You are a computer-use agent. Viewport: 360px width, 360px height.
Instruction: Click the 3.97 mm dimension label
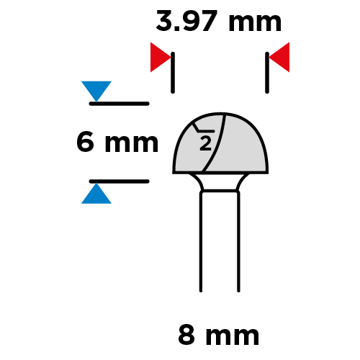pos(218,21)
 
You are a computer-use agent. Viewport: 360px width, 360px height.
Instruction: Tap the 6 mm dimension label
pos(117,142)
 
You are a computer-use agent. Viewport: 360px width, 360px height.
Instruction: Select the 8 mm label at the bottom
pos(219,334)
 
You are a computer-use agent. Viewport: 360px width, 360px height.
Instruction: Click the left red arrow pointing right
pos(161,58)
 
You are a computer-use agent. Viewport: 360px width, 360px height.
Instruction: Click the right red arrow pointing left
pos(279,58)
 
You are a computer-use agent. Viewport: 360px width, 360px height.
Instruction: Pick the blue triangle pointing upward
pos(96,194)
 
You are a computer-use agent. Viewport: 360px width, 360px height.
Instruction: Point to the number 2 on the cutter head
pos(206,143)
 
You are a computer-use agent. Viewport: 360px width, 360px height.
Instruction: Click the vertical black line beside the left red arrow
pos(173,73)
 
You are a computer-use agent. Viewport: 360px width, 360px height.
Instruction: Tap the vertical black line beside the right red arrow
pos(267,73)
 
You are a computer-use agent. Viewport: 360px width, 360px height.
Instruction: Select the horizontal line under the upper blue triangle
pos(120,104)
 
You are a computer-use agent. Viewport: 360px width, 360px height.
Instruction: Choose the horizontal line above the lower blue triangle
pos(120,181)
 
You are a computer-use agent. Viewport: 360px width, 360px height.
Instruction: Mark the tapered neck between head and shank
pos(220,182)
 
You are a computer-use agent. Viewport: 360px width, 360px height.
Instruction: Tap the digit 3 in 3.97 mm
pos(164,21)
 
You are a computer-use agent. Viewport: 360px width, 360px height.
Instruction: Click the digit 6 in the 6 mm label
pos(85,142)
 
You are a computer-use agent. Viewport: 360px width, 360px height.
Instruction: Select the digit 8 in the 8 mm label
pos(186,334)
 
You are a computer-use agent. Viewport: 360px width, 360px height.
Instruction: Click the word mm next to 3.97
pos(255,23)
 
